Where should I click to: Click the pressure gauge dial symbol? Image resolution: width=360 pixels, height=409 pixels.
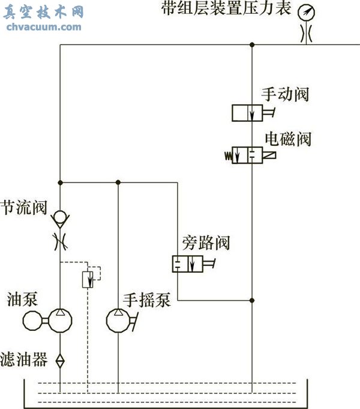pos(307,12)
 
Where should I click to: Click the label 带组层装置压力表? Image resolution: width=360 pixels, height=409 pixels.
pos(226,9)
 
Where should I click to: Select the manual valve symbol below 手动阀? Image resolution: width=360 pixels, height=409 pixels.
pos(248,112)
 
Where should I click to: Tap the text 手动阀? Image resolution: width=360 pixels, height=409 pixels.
pos(285,94)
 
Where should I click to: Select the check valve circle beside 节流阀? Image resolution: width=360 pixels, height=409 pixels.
pos(60,216)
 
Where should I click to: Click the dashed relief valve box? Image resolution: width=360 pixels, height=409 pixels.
pos(89,278)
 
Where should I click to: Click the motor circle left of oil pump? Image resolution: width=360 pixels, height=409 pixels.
pos(32,321)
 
